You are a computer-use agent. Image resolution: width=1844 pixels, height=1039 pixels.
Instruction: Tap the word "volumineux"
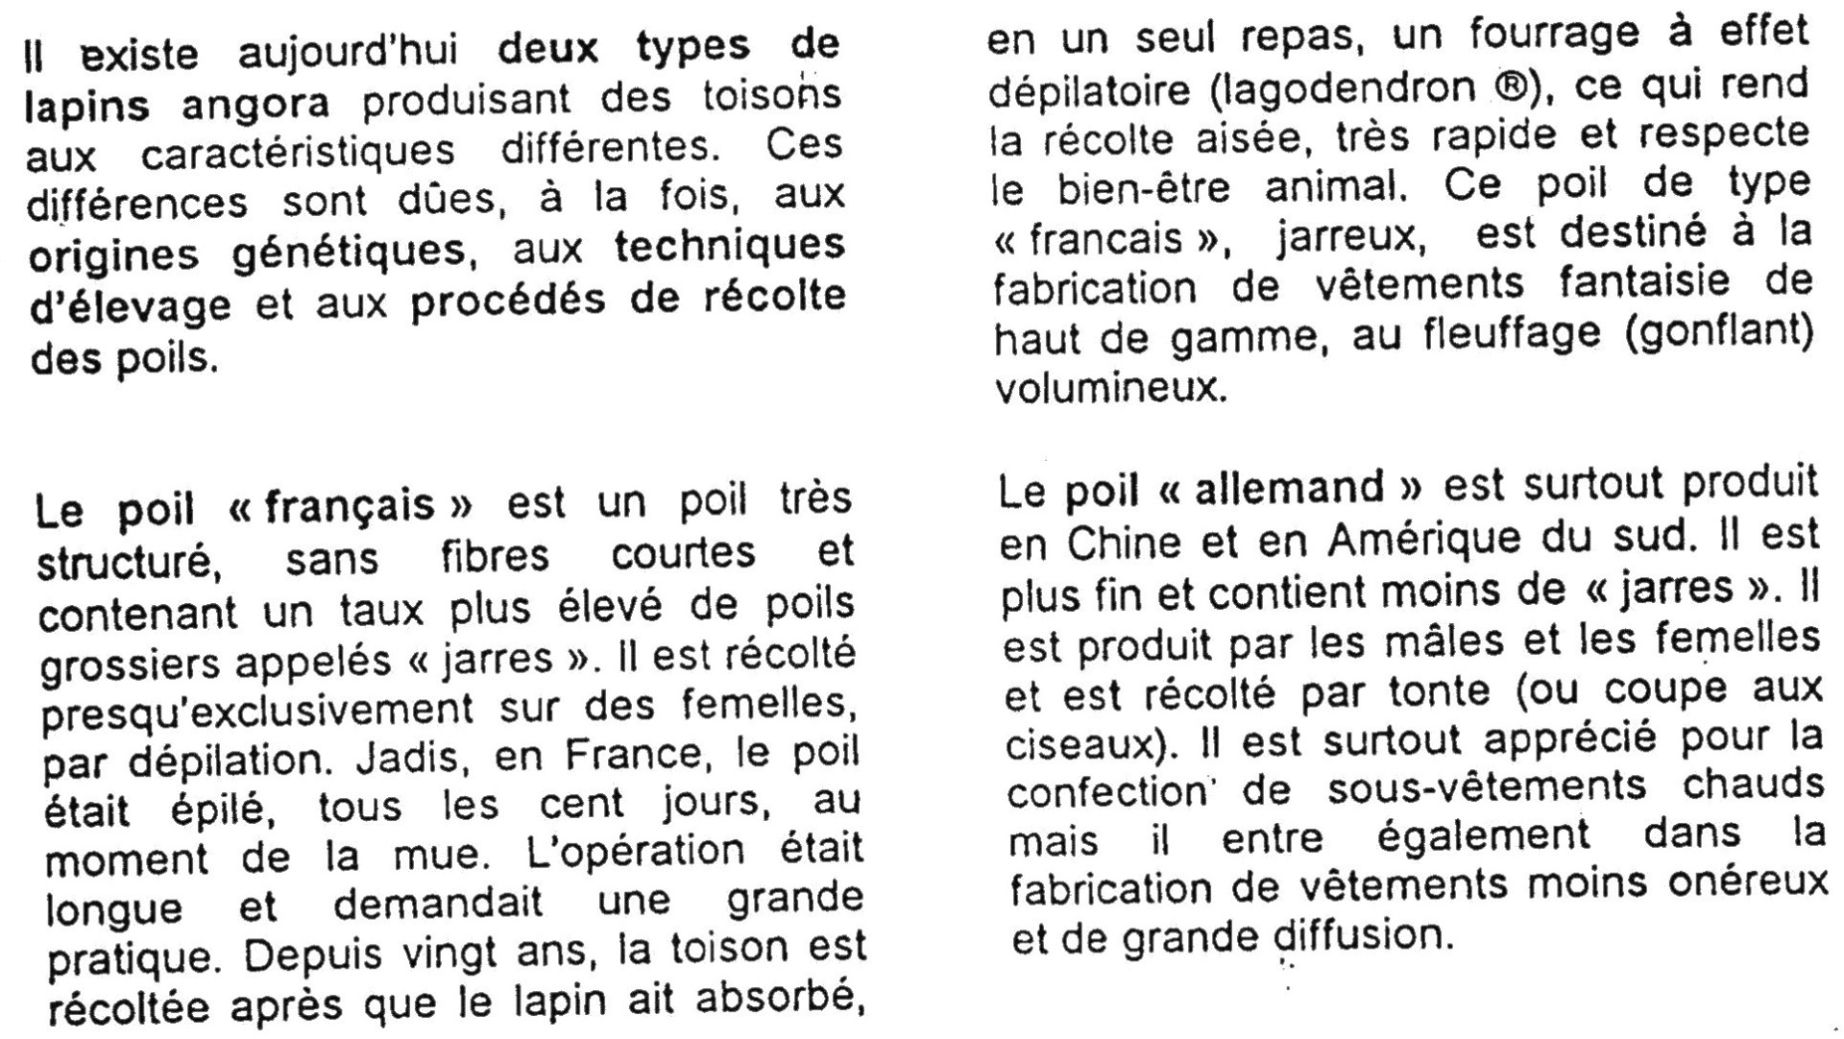click(x=1110, y=389)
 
